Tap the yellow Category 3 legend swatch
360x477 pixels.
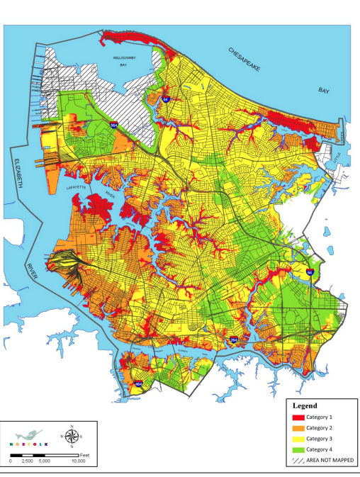click(x=298, y=439)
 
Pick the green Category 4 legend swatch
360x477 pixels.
click(x=298, y=449)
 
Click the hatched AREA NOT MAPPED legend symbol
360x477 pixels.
click(x=298, y=460)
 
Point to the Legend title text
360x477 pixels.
click(x=303, y=406)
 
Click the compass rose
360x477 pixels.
click(x=71, y=436)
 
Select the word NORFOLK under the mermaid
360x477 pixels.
click(x=30, y=445)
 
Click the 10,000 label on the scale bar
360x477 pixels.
click(x=79, y=461)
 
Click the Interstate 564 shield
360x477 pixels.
click(x=113, y=125)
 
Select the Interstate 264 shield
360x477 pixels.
click(x=234, y=341)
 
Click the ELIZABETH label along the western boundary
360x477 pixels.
click(x=11, y=174)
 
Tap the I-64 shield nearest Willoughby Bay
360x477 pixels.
click(x=164, y=101)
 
